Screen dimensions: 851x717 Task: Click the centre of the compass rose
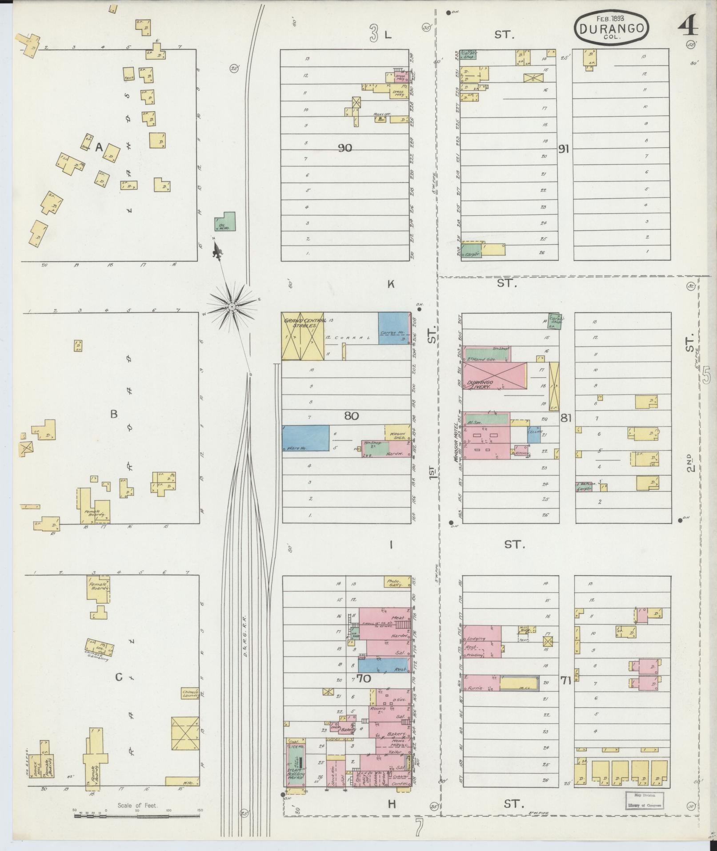[232, 307]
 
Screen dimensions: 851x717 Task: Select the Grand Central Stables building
[303, 335]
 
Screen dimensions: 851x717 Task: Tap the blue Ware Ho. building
[306, 439]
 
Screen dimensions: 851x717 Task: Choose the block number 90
[345, 148]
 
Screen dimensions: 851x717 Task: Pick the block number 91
[564, 149]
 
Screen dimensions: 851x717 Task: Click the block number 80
[351, 416]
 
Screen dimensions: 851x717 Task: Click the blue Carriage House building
[394, 328]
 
